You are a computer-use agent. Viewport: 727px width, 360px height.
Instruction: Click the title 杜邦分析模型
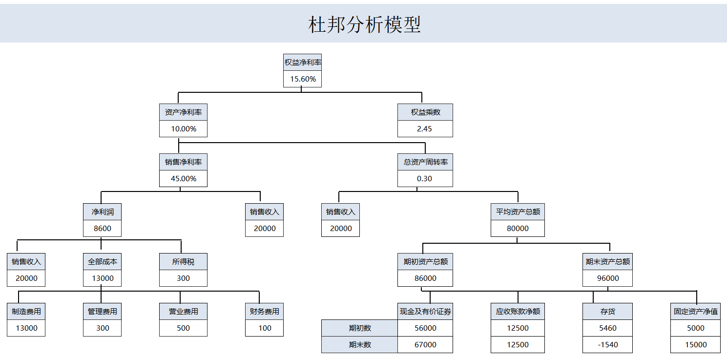(364, 24)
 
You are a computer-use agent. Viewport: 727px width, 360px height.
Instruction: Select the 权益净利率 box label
(303, 63)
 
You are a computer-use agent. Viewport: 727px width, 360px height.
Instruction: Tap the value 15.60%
(303, 79)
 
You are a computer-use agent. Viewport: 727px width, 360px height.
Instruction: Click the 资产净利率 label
(183, 112)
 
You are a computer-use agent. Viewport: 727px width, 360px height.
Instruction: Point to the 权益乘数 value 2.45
(424, 129)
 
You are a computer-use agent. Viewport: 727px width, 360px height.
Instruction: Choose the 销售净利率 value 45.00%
(183, 179)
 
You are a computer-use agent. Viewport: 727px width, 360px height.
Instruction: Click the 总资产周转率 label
(425, 162)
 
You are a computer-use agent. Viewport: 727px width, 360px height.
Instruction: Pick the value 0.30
(424, 179)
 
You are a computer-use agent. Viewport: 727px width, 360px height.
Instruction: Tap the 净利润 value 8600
(103, 229)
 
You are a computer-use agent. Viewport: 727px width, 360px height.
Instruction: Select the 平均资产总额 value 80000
(518, 229)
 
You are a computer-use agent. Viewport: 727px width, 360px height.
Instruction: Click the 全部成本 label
(103, 262)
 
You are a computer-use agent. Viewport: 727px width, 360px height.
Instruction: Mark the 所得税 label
(183, 262)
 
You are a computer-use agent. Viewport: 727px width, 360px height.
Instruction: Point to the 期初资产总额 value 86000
(425, 278)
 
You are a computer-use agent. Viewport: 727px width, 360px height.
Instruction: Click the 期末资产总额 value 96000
(607, 278)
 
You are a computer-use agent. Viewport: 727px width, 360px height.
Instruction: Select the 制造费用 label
(26, 312)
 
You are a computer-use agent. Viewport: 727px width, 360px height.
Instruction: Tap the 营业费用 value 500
(183, 328)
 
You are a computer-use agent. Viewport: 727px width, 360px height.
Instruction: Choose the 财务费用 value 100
(265, 328)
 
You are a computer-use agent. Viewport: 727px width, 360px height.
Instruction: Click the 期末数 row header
(360, 345)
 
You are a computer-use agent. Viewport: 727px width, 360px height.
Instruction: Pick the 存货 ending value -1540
(607, 345)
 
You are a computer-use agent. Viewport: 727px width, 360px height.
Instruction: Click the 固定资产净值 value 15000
(695, 345)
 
